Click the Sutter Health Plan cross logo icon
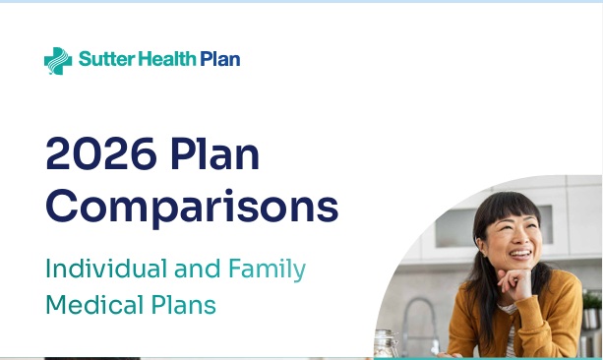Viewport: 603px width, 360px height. (x=58, y=61)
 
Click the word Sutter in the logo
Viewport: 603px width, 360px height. (x=102, y=60)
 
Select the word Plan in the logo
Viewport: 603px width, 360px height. (x=220, y=60)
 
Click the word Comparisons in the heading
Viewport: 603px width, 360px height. (x=192, y=207)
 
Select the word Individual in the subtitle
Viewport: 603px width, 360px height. (x=106, y=269)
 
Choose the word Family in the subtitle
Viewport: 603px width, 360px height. (x=267, y=270)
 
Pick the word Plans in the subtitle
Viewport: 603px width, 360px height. (x=185, y=305)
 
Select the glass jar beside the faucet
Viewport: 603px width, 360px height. (x=387, y=342)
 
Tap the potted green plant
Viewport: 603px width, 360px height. (x=593, y=304)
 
